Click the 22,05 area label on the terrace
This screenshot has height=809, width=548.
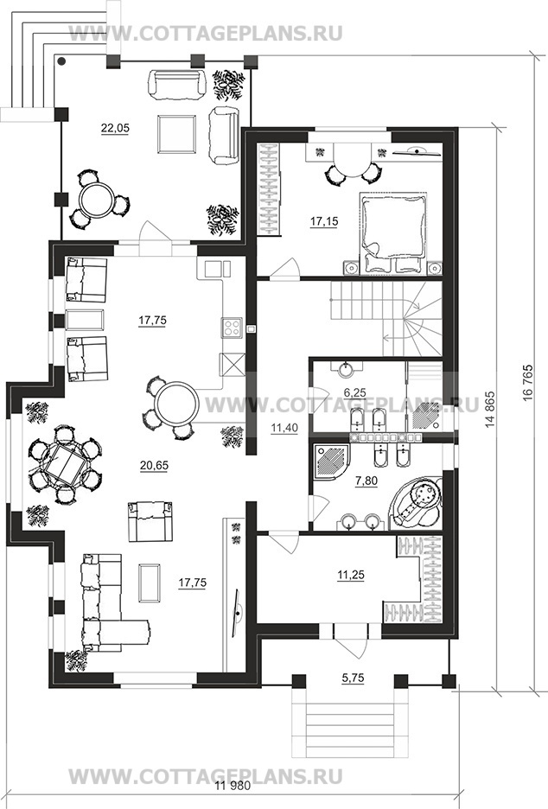tap(115, 129)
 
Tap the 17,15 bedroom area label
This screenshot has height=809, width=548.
tap(324, 221)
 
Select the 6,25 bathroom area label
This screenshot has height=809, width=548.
tap(354, 392)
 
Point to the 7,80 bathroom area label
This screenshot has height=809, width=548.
tap(366, 481)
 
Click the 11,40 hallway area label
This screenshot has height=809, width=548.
tap(284, 427)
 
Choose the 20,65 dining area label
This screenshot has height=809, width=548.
tap(154, 465)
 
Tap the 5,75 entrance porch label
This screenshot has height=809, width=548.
tap(353, 678)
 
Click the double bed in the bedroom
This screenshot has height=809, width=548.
tap(394, 233)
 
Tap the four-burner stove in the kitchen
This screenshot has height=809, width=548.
tap(233, 328)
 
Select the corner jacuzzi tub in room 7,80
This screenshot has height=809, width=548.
tap(417, 502)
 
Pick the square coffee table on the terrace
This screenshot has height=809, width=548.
tap(177, 134)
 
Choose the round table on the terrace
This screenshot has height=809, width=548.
tap(98, 200)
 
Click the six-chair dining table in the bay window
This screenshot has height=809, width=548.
tap(64, 464)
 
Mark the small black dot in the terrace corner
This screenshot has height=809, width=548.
tap(61, 61)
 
